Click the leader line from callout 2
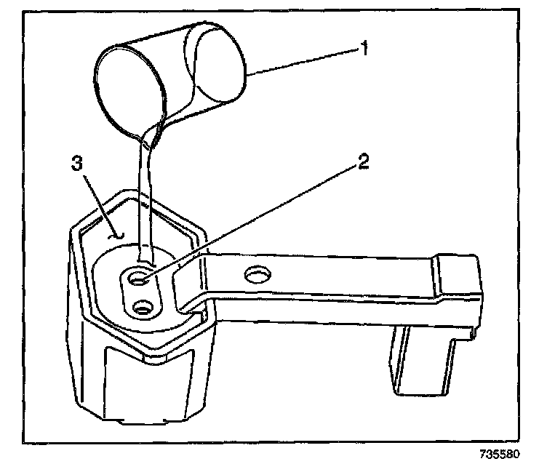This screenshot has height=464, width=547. pyautogui.click(x=255, y=217)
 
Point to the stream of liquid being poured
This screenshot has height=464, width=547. pyautogui.click(x=145, y=204)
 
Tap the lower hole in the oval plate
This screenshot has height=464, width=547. pyautogui.click(x=140, y=308)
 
